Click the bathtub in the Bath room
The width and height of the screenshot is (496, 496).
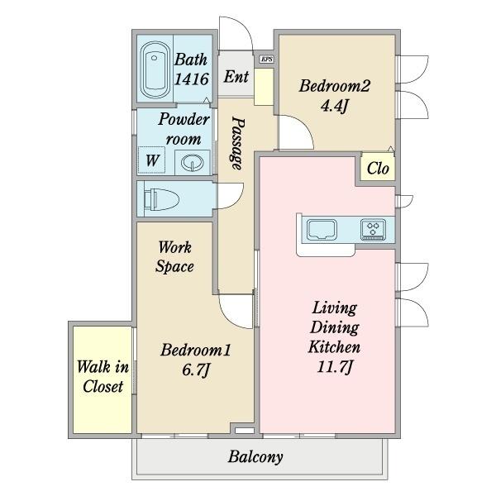tap(154, 70)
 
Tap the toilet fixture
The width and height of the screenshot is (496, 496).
tap(161, 199)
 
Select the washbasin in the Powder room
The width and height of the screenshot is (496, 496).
tap(192, 163)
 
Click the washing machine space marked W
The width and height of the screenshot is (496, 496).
tap(152, 160)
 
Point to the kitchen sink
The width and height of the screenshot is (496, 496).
tap(322, 229)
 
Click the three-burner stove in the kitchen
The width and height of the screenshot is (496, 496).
tap(374, 229)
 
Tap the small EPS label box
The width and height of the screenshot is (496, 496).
tap(267, 60)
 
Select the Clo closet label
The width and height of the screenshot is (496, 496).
tap(378, 169)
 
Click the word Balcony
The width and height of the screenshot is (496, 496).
tap(255, 457)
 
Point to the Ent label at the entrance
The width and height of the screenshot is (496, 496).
tap(236, 77)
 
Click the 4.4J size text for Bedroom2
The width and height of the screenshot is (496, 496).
tap(334, 106)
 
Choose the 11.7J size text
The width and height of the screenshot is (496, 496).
tap(335, 367)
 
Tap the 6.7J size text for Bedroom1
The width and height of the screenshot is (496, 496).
tap(196, 370)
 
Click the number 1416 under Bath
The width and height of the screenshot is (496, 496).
tap(192, 79)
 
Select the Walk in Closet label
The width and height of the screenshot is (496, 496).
tap(103, 376)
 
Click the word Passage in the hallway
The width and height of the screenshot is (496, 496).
tap(237, 143)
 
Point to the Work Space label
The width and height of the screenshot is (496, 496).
tap(174, 256)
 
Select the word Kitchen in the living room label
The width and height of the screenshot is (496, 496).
tap(334, 347)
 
